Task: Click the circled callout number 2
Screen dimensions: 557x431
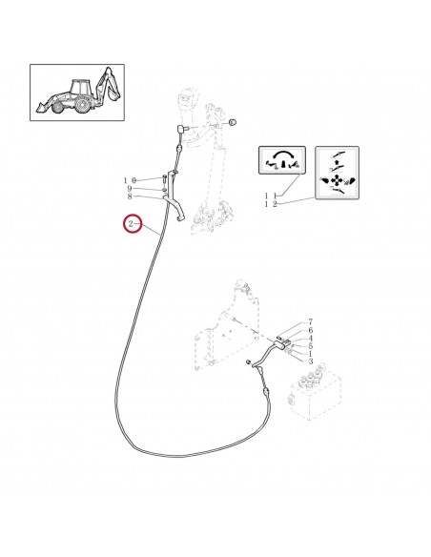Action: point(131,225)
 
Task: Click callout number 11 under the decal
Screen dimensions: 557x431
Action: point(271,196)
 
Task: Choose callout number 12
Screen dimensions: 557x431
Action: point(271,204)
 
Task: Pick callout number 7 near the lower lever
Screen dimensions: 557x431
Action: point(311,323)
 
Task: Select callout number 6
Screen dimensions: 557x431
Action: point(311,331)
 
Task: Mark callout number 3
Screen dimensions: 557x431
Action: point(311,361)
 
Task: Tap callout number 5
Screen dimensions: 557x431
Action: point(311,346)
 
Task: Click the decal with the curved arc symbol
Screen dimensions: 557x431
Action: point(280,163)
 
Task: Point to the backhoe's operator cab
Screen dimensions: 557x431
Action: point(84,87)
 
